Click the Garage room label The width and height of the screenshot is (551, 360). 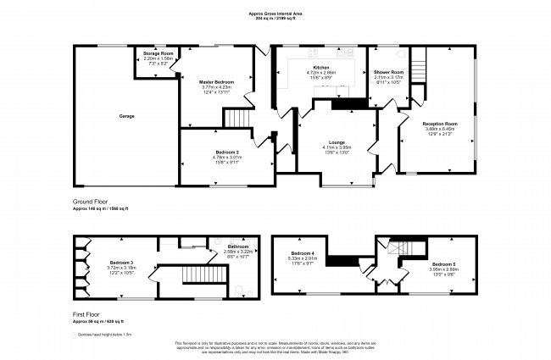pos(125,116)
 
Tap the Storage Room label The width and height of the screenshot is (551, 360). pos(158,53)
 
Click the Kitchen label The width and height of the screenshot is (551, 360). pos(321,67)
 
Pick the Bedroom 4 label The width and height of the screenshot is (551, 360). pos(303,254)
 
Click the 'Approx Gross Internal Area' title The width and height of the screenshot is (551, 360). pos(275,13)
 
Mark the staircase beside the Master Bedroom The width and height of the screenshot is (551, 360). pos(242,119)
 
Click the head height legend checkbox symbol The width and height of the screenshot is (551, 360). pos(74,335)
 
